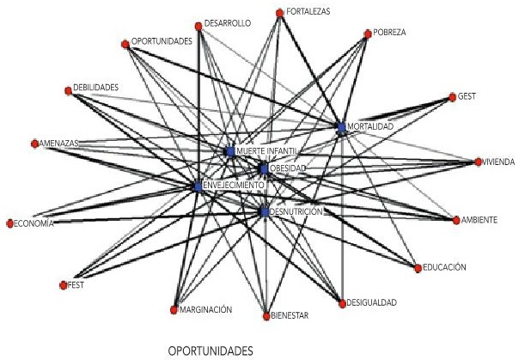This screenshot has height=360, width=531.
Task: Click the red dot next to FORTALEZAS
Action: (x=279, y=13)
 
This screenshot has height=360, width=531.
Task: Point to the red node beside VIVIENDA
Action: (x=478, y=162)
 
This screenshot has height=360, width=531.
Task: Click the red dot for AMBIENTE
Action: (x=455, y=220)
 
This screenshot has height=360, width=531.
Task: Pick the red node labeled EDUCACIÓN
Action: (x=418, y=268)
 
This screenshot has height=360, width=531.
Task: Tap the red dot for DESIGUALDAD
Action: (x=341, y=302)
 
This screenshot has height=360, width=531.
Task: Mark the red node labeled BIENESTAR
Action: (x=266, y=315)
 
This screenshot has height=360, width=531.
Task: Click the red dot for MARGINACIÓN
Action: (x=174, y=309)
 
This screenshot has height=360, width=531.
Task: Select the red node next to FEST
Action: (x=63, y=284)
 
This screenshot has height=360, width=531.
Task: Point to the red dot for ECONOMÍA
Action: (x=9, y=223)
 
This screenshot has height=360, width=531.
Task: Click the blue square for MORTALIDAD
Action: (x=341, y=127)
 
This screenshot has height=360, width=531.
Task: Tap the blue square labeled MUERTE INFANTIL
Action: (x=229, y=151)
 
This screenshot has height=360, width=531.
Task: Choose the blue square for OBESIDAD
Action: (x=265, y=168)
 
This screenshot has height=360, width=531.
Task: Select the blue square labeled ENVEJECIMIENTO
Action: (x=198, y=186)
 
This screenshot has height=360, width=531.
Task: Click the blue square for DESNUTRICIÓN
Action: (x=264, y=211)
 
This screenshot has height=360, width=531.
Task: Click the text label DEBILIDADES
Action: (x=96, y=88)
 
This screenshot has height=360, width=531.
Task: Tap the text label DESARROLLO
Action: (x=227, y=24)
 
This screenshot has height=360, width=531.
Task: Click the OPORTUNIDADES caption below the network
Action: (x=211, y=351)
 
